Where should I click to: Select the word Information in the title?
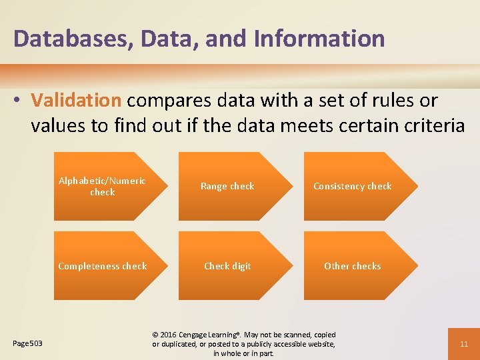319,39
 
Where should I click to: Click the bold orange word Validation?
76,101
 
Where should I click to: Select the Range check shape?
227,187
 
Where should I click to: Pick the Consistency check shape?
353,187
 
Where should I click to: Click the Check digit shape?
227,266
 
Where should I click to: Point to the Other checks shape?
353,266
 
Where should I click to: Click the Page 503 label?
28,343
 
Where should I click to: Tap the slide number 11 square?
465,344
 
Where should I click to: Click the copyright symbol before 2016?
156,335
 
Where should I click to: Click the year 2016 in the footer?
169,335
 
